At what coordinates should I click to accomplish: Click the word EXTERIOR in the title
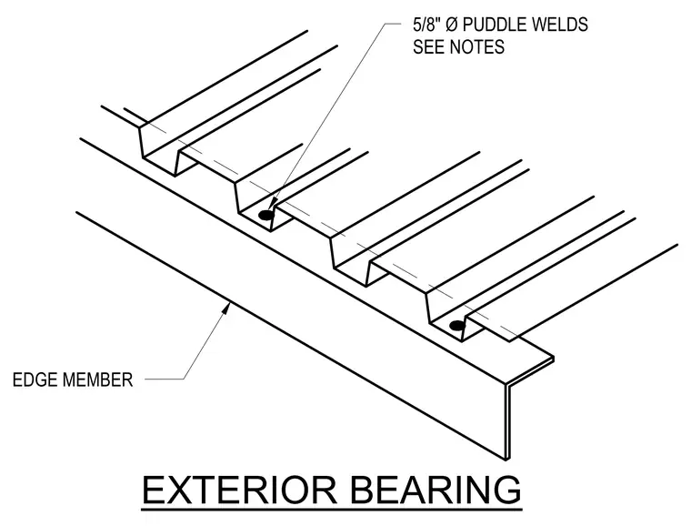[x=240, y=490]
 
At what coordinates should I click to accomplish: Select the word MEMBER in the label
[x=97, y=379]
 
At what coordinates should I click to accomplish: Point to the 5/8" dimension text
[x=427, y=25]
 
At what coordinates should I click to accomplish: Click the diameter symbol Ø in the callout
[x=452, y=25]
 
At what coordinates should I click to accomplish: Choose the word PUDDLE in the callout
[x=494, y=25]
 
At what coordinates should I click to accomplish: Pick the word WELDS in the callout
[x=559, y=25]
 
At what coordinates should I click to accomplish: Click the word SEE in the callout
[x=428, y=46]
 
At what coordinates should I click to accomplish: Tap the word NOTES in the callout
[x=476, y=46]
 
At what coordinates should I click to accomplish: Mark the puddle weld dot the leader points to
[x=265, y=215]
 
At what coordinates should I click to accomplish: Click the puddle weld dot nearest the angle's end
[x=457, y=326]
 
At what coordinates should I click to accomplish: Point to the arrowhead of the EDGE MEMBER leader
[x=225, y=309]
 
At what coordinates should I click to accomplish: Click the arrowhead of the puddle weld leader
[x=272, y=203]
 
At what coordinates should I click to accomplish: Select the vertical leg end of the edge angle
[x=507, y=422]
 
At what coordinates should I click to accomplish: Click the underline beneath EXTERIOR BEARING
[x=332, y=510]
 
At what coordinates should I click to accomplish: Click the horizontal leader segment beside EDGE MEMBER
[x=165, y=379]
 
